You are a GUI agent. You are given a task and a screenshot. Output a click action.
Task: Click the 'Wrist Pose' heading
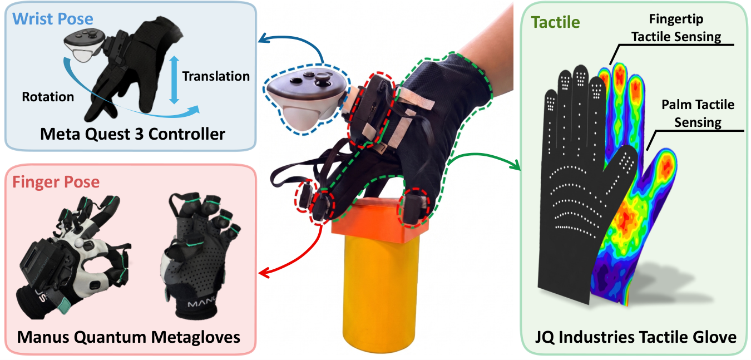(53, 19)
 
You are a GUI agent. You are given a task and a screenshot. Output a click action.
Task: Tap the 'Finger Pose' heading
(56, 183)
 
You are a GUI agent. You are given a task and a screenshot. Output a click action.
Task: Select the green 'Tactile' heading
(556, 22)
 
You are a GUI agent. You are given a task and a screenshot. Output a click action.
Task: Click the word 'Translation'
(216, 76)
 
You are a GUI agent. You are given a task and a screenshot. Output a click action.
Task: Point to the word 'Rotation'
(48, 97)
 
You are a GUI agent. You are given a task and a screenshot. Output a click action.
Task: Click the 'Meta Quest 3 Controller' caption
(132, 134)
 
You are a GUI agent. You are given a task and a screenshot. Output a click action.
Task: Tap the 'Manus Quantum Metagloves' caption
(129, 337)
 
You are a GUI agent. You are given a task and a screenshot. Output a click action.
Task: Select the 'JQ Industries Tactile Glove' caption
(636, 337)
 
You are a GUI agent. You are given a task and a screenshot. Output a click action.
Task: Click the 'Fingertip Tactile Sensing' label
(676, 28)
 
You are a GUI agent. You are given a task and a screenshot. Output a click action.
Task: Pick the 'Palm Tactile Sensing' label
(698, 114)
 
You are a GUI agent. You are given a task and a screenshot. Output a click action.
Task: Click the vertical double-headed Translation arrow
(174, 80)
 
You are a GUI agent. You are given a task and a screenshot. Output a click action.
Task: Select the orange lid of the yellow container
(379, 220)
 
